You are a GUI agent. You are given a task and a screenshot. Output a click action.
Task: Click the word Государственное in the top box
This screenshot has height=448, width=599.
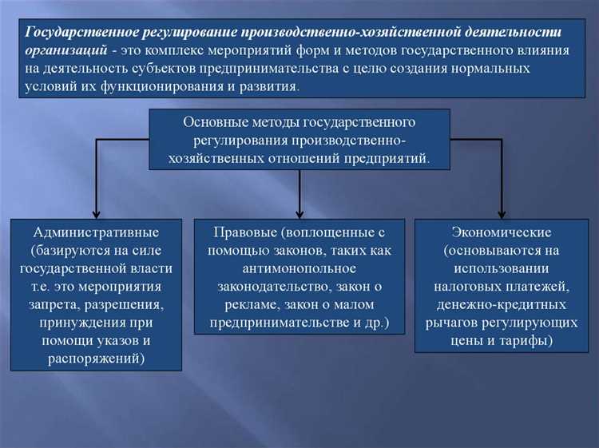(x=82, y=34)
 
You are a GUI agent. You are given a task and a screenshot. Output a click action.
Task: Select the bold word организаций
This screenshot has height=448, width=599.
(x=65, y=51)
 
